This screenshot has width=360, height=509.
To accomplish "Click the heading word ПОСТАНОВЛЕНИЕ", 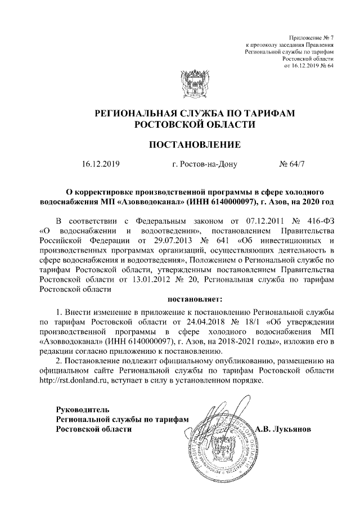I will pyautogui.click(x=194, y=145).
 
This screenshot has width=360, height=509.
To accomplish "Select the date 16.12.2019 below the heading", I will pyautogui.click(x=101, y=165).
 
